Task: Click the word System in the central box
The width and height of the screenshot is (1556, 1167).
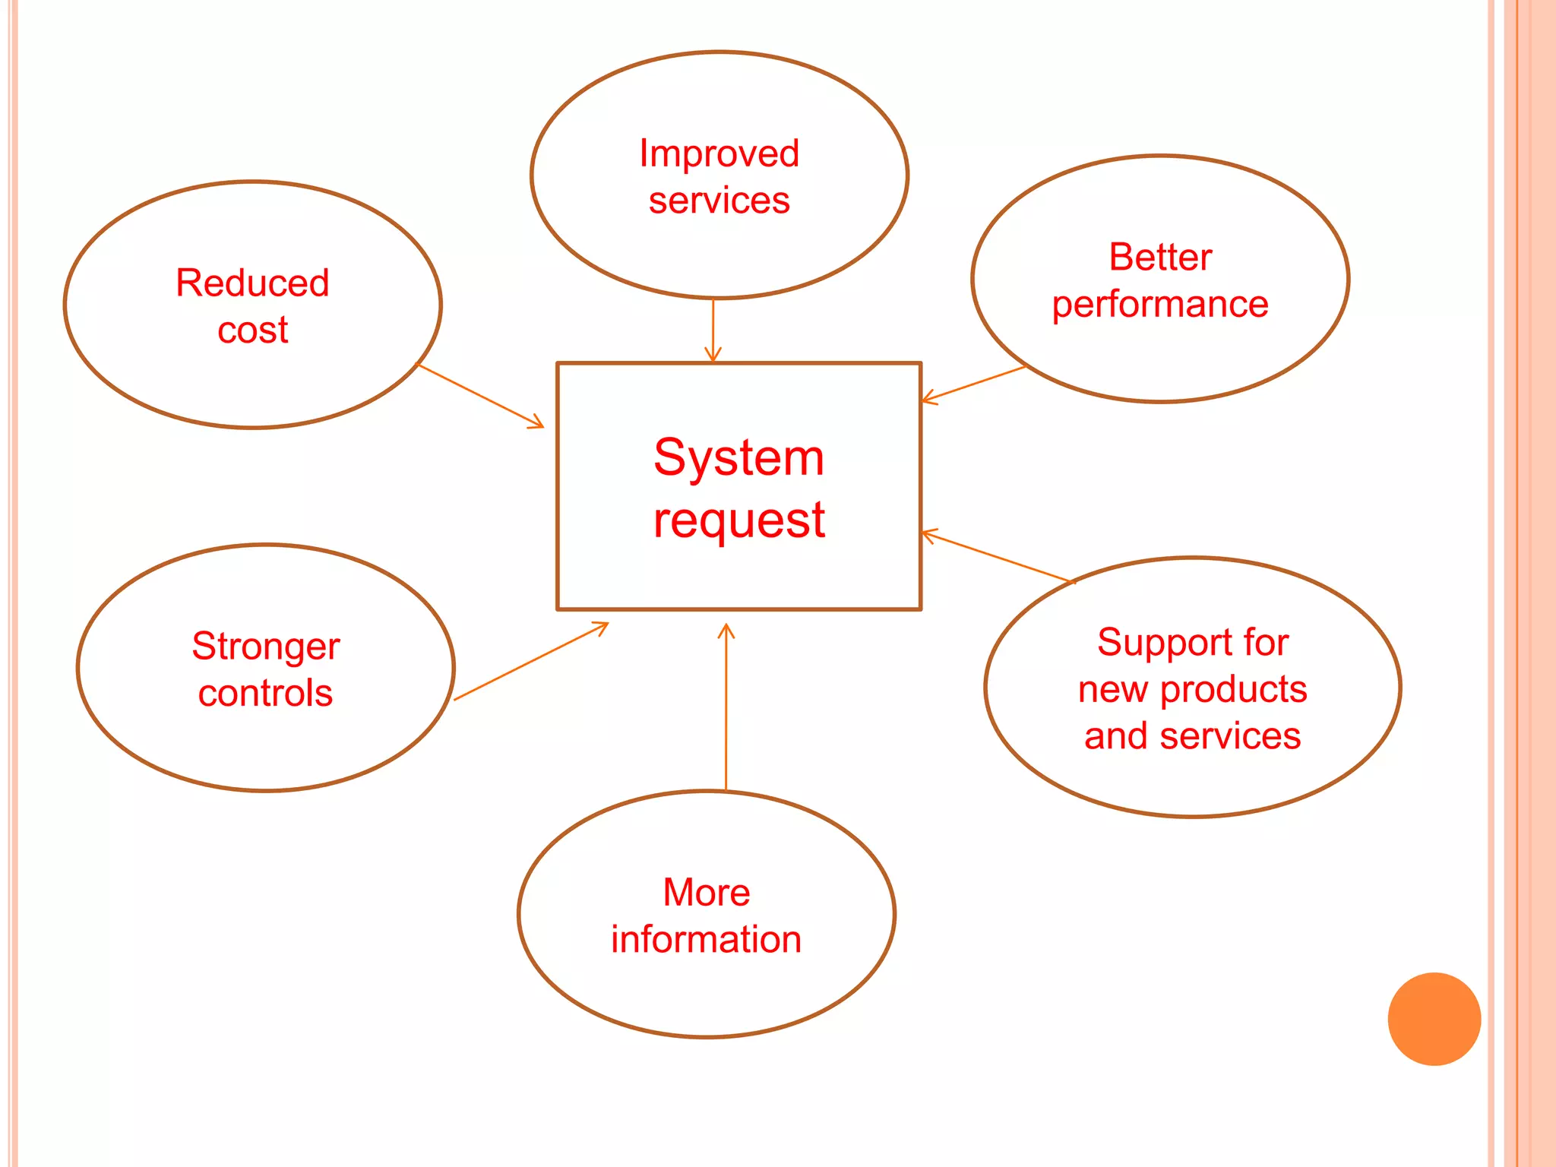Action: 738,458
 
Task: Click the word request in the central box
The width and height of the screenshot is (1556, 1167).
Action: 738,521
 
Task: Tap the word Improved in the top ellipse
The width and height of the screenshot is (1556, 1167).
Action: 719,153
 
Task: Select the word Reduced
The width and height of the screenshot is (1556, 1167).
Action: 252,283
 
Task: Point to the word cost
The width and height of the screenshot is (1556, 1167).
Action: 252,330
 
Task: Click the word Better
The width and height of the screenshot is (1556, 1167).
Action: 1159,257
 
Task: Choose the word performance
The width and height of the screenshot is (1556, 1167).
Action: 1159,305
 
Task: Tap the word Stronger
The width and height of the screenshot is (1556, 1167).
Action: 265,647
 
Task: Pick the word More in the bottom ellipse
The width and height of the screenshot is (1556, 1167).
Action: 706,892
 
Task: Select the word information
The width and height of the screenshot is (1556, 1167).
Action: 706,940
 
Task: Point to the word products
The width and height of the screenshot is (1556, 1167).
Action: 1233,690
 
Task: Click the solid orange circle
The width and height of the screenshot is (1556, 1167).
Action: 1434,1019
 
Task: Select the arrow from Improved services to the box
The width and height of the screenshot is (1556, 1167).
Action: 713,330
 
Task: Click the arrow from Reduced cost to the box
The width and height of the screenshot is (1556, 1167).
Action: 481,396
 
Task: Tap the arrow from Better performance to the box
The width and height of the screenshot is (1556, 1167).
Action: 973,384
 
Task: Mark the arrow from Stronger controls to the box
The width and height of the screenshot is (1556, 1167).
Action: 530,661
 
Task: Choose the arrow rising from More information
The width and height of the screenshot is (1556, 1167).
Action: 726,707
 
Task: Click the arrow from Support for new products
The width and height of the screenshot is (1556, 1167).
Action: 998,557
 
